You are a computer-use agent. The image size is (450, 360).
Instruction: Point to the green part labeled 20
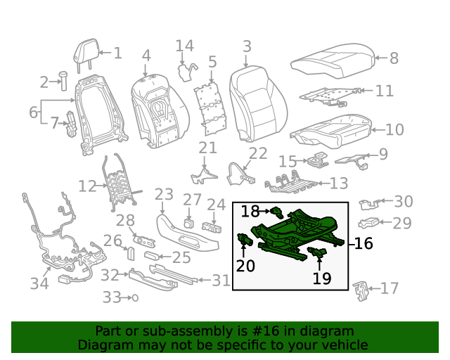pos(245,240)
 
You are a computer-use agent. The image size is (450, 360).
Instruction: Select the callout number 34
pos(39,283)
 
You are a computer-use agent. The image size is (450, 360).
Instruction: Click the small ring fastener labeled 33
pos(134,298)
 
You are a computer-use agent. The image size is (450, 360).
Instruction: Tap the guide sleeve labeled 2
pos(61,82)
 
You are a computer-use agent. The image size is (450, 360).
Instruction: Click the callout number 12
pos(87,186)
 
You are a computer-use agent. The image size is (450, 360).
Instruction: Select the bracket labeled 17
pos(360,290)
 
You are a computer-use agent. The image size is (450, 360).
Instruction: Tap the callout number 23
pos(164,194)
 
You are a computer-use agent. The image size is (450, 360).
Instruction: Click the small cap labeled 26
pos(131,252)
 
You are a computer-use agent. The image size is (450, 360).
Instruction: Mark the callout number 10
pos(394,129)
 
